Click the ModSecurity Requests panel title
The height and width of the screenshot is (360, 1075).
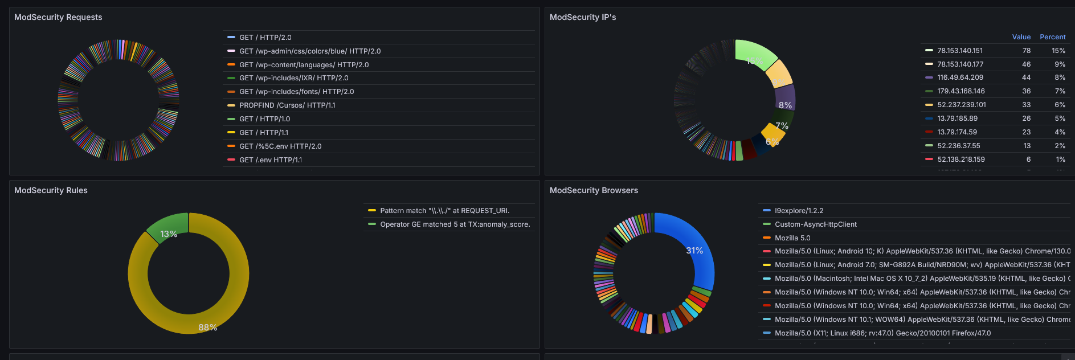pyautogui.click(x=58, y=17)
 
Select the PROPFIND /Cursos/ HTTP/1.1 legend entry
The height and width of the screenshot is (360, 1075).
pyautogui.click(x=287, y=105)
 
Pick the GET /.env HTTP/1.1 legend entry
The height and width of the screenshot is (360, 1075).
pyautogui.click(x=271, y=160)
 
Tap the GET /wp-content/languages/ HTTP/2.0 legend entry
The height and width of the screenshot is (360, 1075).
pyautogui.click(x=304, y=65)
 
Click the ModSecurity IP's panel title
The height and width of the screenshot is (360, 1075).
pyautogui.click(x=582, y=17)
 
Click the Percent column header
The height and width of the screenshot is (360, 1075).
pyautogui.click(x=1052, y=37)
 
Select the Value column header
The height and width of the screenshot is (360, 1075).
pyautogui.click(x=1021, y=37)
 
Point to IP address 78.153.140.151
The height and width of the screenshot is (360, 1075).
pyautogui.click(x=960, y=51)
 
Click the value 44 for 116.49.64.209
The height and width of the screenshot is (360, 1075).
pyautogui.click(x=1026, y=77)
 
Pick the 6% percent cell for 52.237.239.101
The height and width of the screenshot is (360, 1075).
pyautogui.click(x=1060, y=105)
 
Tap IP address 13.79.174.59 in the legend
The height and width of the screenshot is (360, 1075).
pyautogui.click(x=957, y=132)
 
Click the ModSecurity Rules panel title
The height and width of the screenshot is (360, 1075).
pyautogui.click(x=51, y=190)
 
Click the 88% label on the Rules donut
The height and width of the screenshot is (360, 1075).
pyautogui.click(x=207, y=328)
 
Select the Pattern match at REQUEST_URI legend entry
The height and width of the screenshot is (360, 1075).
pyautogui.click(x=444, y=211)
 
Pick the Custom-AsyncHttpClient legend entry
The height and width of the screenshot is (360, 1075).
pyautogui.click(x=815, y=224)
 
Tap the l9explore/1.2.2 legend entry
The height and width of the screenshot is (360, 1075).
pyautogui.click(x=799, y=211)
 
